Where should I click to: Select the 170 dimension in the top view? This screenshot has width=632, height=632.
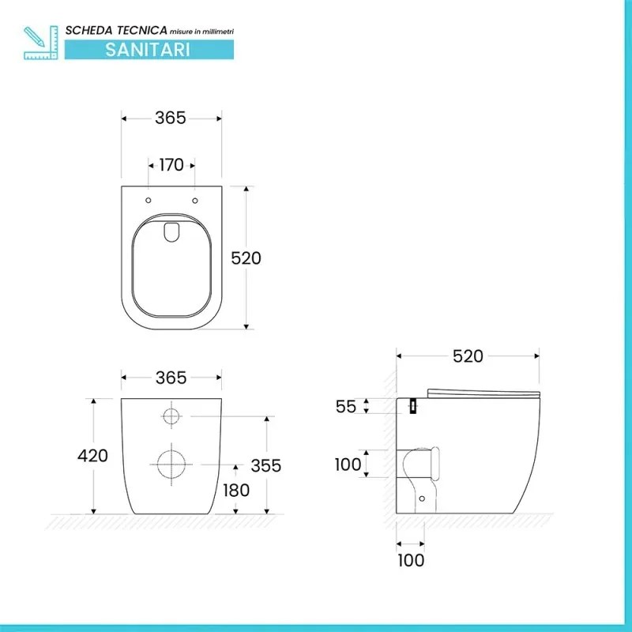click(171, 165)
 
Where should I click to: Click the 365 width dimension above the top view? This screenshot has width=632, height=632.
click(171, 118)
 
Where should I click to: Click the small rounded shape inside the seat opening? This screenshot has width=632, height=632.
click(171, 230)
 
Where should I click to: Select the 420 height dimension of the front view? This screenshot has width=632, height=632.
click(92, 456)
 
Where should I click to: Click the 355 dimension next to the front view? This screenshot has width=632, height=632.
click(265, 465)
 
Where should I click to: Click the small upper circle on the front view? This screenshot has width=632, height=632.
click(171, 416)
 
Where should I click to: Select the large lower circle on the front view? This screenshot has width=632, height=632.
click(171, 464)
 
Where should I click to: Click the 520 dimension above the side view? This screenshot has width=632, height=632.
click(468, 356)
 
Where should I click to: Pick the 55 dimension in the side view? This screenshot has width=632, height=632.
click(346, 406)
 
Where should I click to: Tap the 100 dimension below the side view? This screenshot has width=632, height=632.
click(410, 560)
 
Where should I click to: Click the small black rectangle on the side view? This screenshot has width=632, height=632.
click(412, 405)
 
